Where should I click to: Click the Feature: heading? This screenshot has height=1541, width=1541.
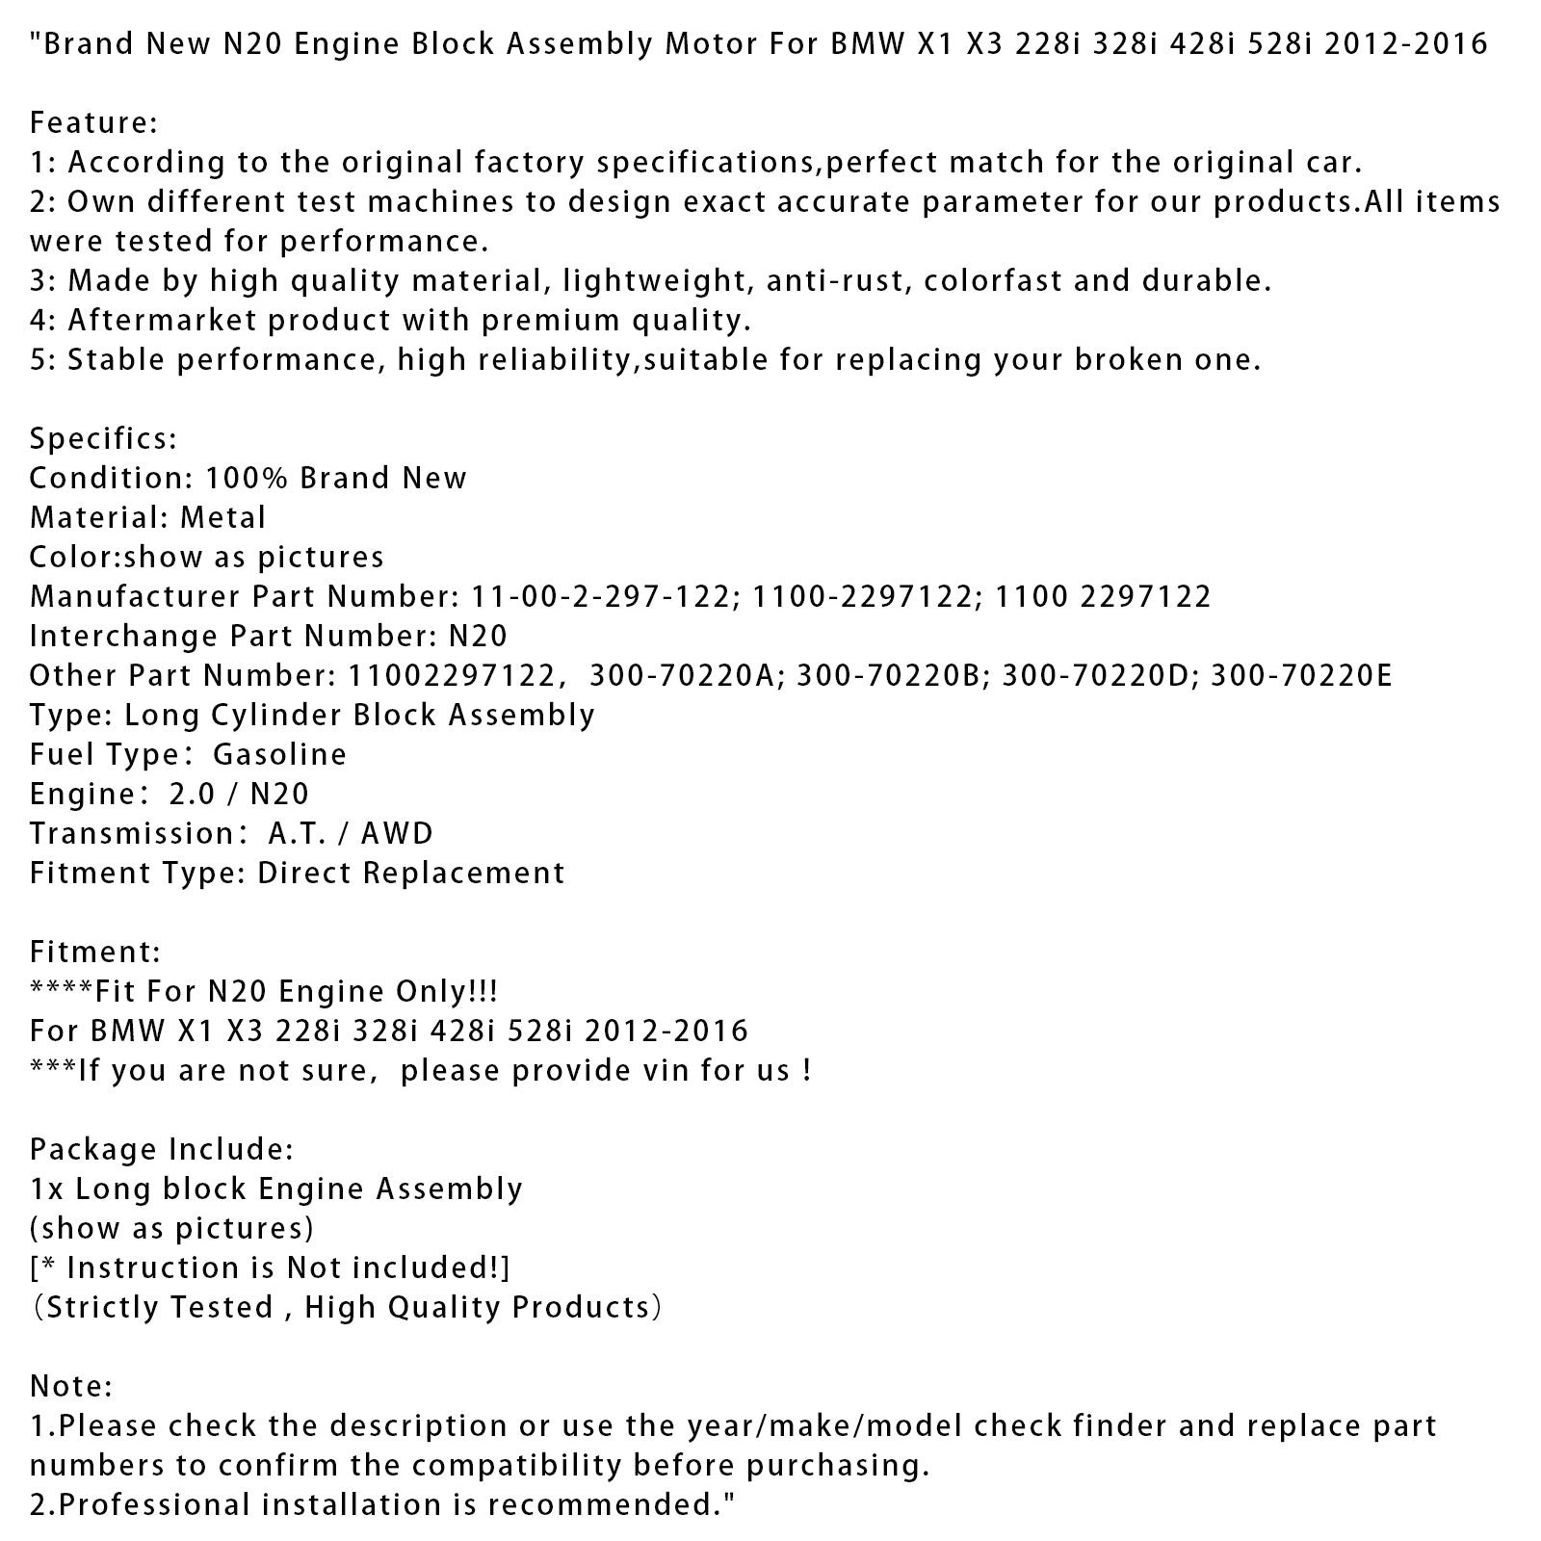click(x=93, y=123)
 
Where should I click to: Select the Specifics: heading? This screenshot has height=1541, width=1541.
click(x=103, y=439)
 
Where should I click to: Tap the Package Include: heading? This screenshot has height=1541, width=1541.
click(x=162, y=1149)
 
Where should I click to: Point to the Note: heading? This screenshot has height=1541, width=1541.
click(x=71, y=1386)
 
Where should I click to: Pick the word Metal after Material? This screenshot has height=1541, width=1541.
click(x=222, y=518)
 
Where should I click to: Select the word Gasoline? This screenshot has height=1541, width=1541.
click(x=279, y=755)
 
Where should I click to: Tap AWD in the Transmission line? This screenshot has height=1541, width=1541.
click(x=397, y=834)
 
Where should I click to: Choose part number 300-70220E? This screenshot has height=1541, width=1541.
click(x=1301, y=676)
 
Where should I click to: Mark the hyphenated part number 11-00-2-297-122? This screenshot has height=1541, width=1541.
click(x=600, y=597)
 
